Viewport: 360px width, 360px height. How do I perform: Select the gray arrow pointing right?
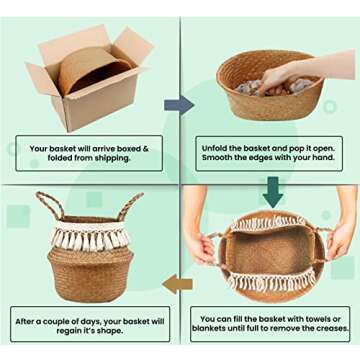point(179,105)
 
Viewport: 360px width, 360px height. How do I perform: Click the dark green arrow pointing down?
point(272,190)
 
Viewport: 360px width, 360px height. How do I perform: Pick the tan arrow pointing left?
point(178,284)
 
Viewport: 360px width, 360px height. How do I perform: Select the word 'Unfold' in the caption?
point(216,149)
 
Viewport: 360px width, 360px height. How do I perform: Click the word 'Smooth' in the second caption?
point(217,158)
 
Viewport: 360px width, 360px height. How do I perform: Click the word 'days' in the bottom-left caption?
point(81,322)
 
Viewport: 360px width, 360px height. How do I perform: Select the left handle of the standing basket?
point(47,204)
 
